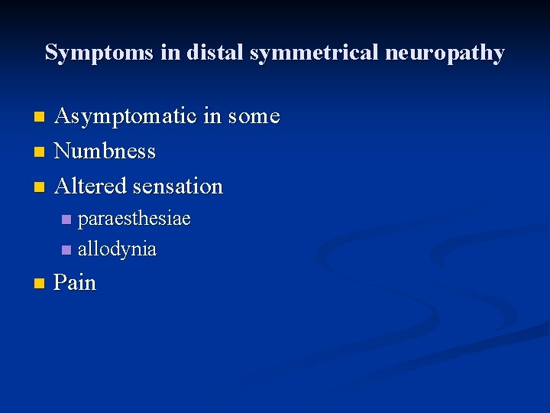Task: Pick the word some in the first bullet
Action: pyautogui.click(x=254, y=117)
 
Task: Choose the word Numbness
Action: pyautogui.click(x=105, y=151)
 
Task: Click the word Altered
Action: pyautogui.click(x=92, y=186)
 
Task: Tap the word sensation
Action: pyautogui.click(x=178, y=186)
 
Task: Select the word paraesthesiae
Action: pyautogui.click(x=134, y=219)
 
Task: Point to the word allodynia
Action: pyautogui.click(x=117, y=249)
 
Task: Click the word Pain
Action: pyautogui.click(x=76, y=283)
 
